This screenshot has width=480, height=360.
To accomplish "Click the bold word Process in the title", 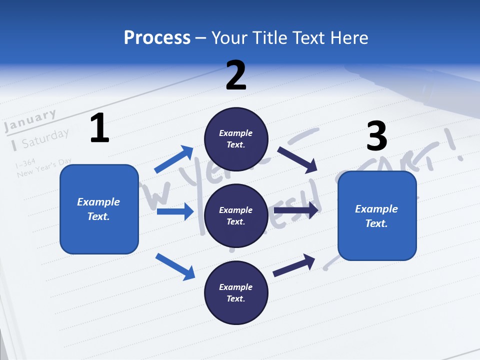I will (157, 38).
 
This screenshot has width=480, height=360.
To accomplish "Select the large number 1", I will (99, 128).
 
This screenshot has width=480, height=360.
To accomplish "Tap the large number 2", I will (236, 75).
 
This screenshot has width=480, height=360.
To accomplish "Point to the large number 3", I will (376, 136).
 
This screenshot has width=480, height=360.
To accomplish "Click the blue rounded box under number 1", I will (99, 209).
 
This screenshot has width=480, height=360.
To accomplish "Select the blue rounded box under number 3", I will (377, 215).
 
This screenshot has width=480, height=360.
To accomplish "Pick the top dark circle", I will (236, 139).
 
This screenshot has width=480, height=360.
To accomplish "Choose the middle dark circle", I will (236, 215).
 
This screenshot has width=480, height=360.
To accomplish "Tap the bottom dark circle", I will (236, 292).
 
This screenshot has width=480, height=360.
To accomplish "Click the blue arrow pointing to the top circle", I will (174, 159).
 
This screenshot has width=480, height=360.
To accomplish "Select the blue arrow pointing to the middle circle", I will (174, 211).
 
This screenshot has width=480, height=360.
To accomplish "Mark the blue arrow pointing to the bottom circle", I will (175, 266).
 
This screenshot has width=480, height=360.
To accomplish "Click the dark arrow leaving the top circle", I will (297, 159).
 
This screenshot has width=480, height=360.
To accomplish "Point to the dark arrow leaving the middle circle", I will (296, 210).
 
